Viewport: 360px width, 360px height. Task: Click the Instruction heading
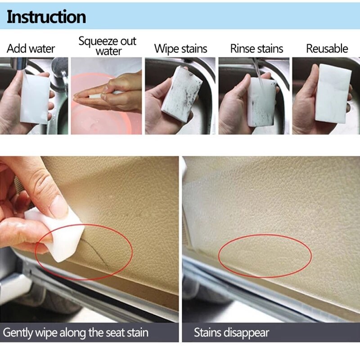[46, 17]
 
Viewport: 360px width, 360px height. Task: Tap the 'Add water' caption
[31, 49]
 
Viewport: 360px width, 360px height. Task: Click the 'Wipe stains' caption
[180, 49]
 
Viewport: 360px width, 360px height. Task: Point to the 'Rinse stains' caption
[256, 49]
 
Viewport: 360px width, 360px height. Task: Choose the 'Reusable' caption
[327, 49]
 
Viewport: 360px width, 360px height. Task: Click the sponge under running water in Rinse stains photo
[261, 101]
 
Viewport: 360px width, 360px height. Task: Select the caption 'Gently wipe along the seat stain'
[76, 333]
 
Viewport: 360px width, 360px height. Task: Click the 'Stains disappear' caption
[231, 333]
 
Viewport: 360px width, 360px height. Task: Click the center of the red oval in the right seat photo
[265, 256]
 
